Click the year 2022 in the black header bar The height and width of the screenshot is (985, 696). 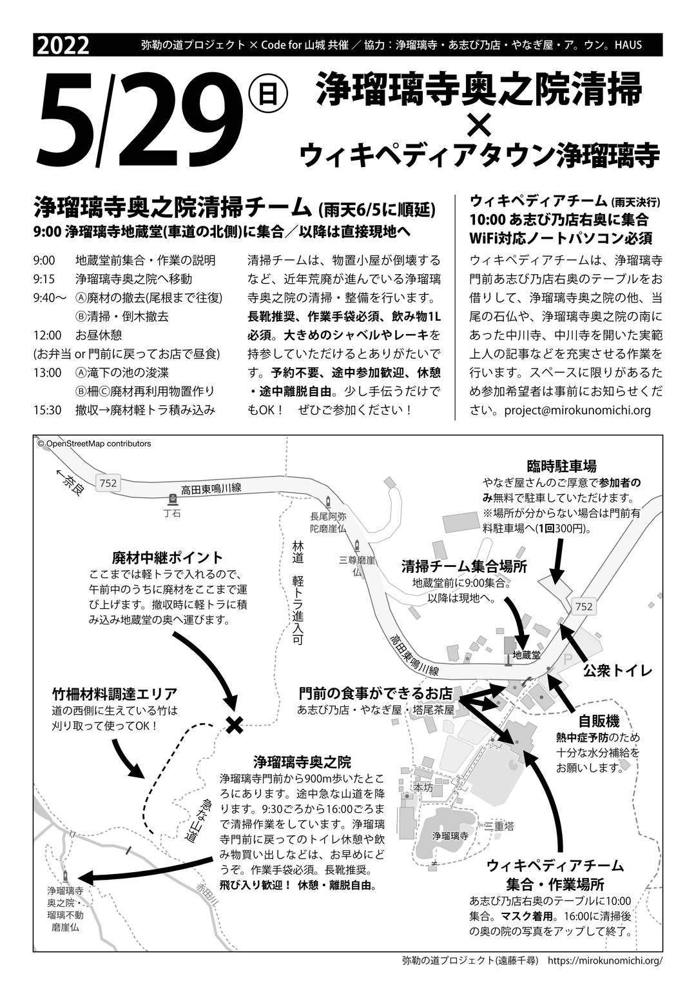coord(64,46)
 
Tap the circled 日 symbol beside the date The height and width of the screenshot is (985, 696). coord(266,95)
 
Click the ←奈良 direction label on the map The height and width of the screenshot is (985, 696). coord(70,482)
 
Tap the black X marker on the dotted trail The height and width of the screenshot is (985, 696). coord(235,725)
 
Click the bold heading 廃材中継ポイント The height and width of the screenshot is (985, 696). coord(167,557)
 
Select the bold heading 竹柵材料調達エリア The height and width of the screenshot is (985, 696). coord(115,694)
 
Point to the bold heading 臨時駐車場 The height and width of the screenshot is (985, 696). coord(561,466)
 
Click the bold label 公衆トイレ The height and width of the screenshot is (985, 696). coord(617,670)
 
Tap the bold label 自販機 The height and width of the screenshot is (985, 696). coord(599,721)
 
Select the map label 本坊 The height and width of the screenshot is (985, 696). coord(423,788)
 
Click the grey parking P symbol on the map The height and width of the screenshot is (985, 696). coord(568,659)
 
